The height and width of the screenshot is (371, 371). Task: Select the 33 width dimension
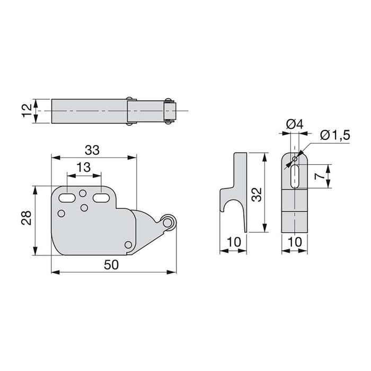tap(92, 150)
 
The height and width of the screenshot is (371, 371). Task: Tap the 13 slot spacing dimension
tap(83, 167)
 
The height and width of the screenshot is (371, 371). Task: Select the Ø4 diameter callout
tap(293, 125)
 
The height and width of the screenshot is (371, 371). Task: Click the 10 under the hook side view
tap(233, 243)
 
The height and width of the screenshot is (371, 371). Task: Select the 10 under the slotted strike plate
tap(294, 243)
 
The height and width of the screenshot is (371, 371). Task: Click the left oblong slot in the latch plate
tap(67, 197)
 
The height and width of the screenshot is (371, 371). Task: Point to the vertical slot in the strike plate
tap(294, 175)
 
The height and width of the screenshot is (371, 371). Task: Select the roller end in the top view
tap(170, 111)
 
